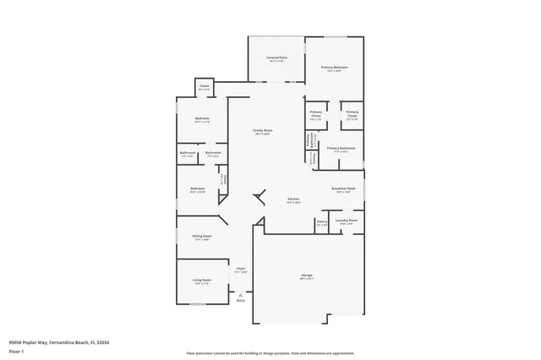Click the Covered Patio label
pyautogui.click(x=277, y=57)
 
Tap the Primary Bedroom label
pyautogui.click(x=335, y=67)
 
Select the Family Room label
pyautogui.click(x=262, y=130)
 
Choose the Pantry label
pyautogui.click(x=322, y=223)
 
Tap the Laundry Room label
pyautogui.click(x=347, y=221)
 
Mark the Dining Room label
pyautogui.click(x=202, y=237)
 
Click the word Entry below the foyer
pyautogui.click(x=240, y=300)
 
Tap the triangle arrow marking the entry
pyautogui.click(x=240, y=293)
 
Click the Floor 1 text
pyautogui.click(x=16, y=350)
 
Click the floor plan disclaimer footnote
pyautogui.click(x=270, y=352)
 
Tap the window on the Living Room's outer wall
pyautogui.click(x=177, y=281)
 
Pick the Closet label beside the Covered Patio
pyautogui.click(x=204, y=85)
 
